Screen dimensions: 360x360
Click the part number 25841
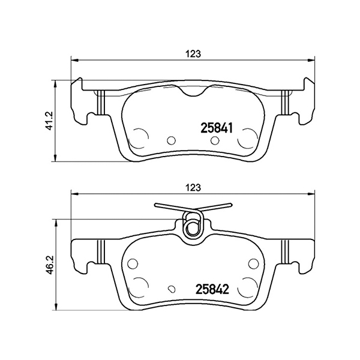(x=216, y=127)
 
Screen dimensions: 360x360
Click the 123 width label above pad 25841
(x=192, y=53)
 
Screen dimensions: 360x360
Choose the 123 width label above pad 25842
(x=192, y=187)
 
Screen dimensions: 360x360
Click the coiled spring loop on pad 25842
(x=193, y=227)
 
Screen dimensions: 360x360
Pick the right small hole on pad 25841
(x=215, y=140)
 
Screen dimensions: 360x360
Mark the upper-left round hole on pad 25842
(x=133, y=262)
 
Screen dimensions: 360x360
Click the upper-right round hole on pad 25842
(x=252, y=262)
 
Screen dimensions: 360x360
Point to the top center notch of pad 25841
(x=193, y=93)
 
